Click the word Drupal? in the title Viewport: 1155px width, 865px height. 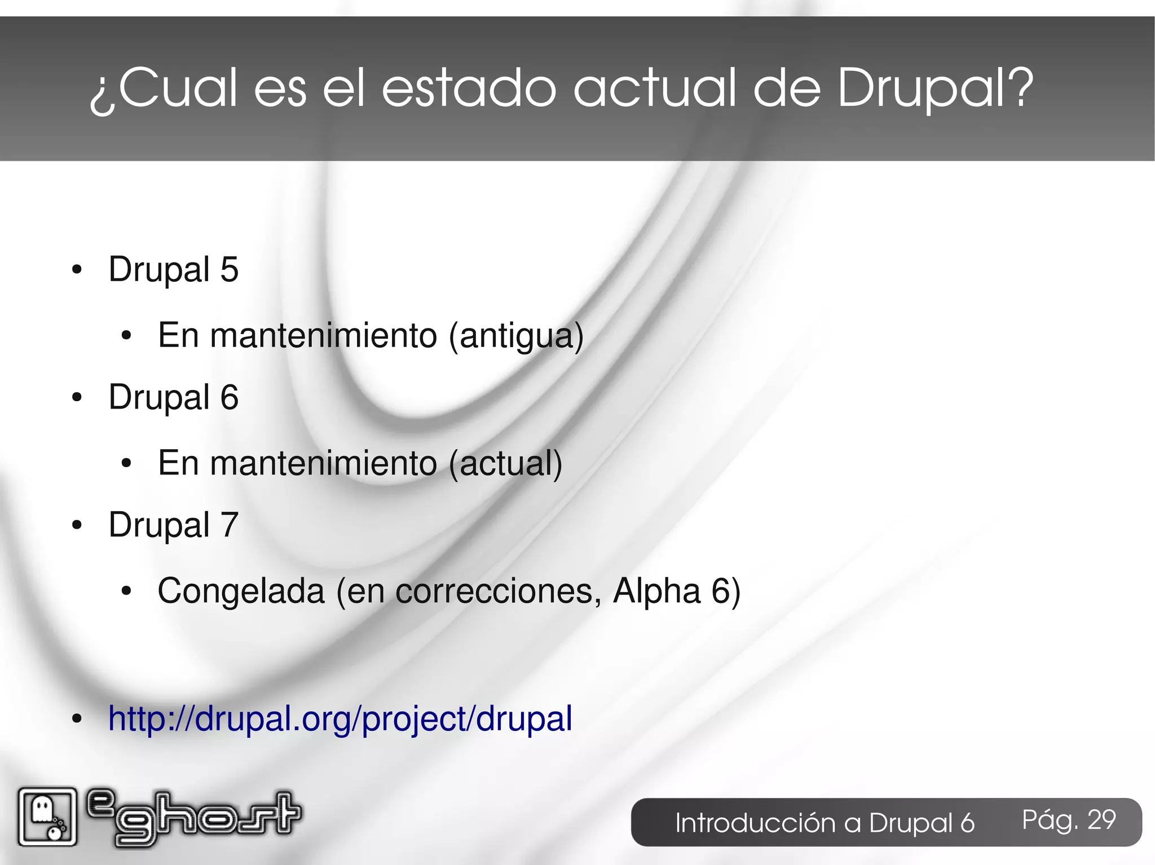(x=935, y=89)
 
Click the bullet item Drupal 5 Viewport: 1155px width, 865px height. (x=174, y=269)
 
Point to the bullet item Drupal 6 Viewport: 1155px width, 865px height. (x=174, y=397)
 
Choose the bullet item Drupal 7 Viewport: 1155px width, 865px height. (x=174, y=525)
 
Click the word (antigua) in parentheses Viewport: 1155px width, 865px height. (x=516, y=336)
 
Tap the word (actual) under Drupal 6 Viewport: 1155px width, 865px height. (x=506, y=464)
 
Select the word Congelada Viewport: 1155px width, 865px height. (x=241, y=591)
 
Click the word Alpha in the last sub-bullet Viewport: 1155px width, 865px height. (x=657, y=591)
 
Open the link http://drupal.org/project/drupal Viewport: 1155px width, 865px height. (x=340, y=719)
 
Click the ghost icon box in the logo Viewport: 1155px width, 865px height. (x=47, y=817)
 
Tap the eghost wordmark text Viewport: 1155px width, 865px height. (x=195, y=817)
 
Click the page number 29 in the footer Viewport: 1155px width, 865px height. (x=1101, y=820)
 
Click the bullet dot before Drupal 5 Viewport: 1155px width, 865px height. (x=77, y=270)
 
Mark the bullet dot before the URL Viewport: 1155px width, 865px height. (x=77, y=720)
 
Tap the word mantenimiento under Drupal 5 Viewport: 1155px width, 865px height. (x=323, y=336)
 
